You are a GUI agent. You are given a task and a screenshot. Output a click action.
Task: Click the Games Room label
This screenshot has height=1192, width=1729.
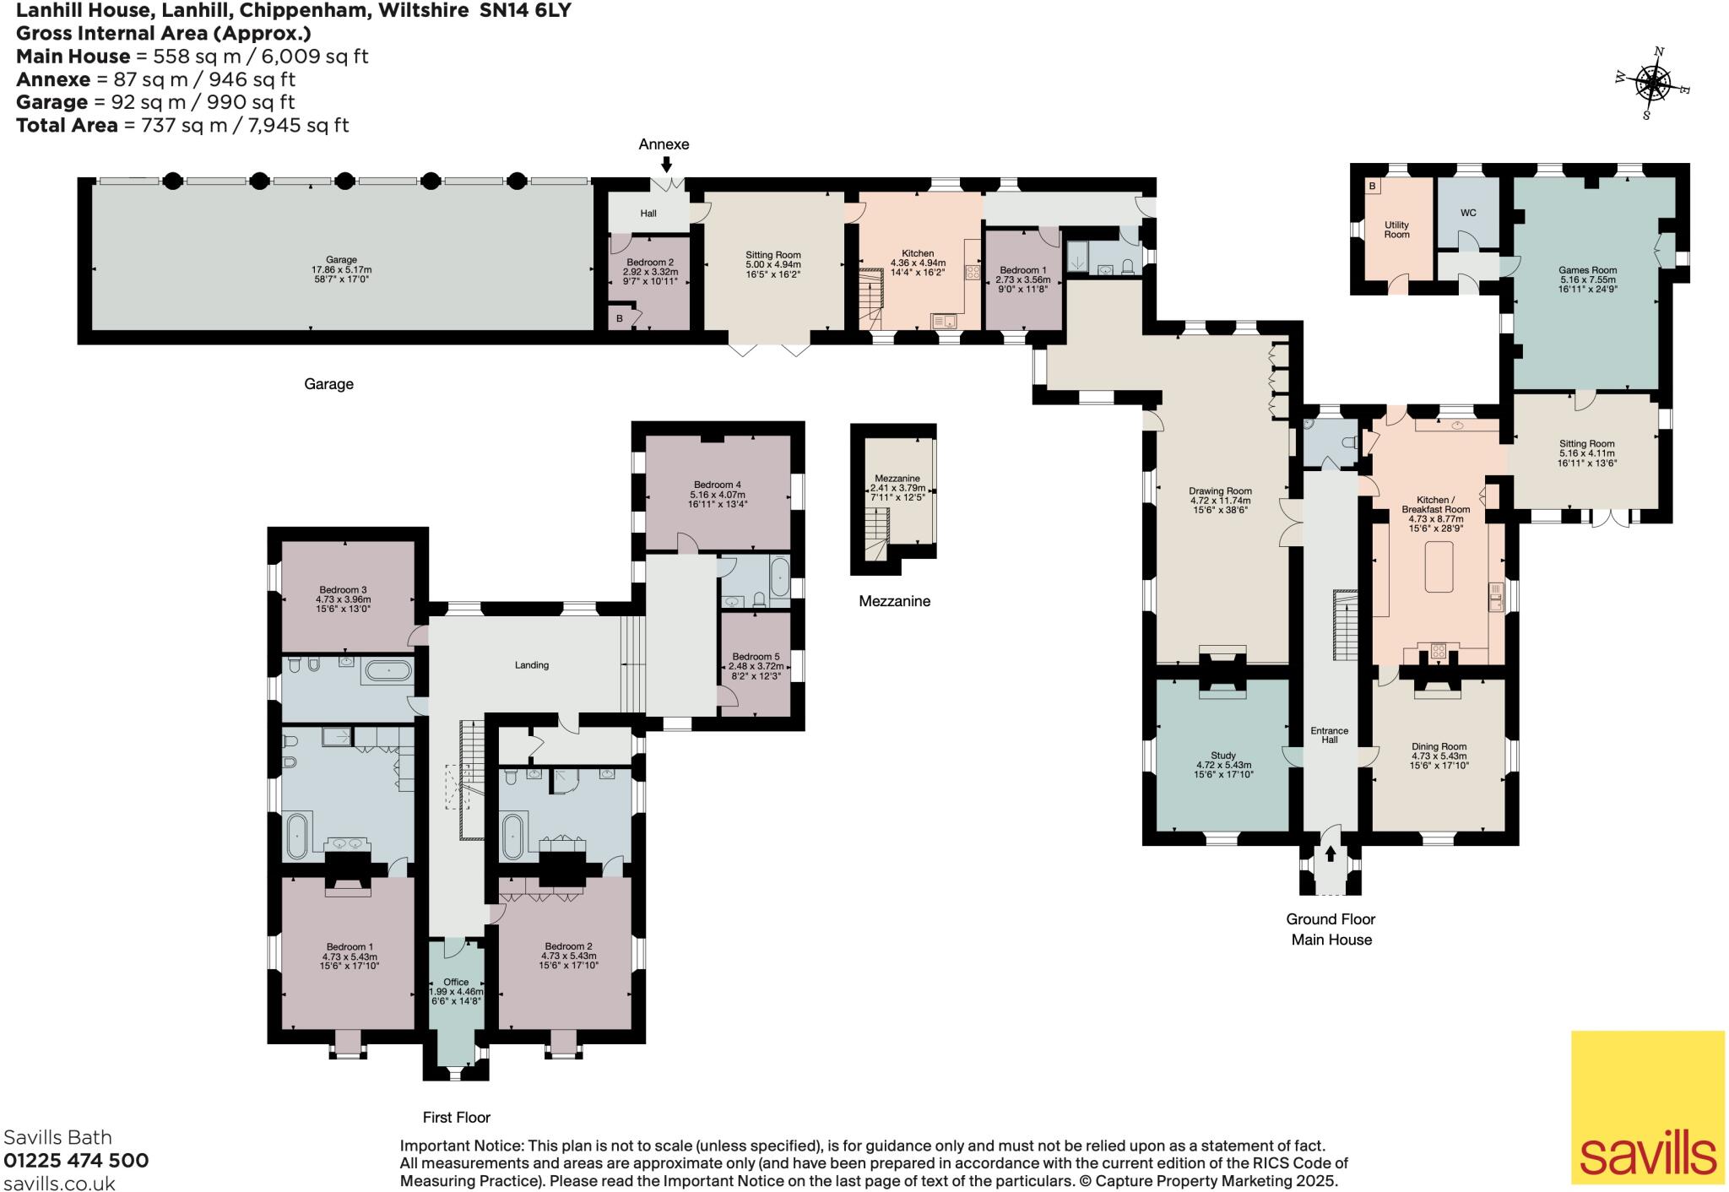tap(1575, 271)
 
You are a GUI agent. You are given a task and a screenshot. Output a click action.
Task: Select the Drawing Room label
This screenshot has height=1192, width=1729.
tap(1220, 490)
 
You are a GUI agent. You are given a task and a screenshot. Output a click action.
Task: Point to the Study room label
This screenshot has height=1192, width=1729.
tap(1222, 756)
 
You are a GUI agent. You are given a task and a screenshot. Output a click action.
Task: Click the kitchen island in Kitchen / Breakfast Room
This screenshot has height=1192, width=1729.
tap(1439, 566)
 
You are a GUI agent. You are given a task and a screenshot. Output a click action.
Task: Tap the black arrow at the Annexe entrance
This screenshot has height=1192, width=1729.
tap(667, 165)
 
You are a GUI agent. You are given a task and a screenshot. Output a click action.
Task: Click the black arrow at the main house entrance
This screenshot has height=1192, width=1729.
tap(1331, 854)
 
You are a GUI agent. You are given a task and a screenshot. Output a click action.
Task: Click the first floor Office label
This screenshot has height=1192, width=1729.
tap(456, 982)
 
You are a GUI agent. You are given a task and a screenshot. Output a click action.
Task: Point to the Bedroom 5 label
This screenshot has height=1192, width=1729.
tap(756, 657)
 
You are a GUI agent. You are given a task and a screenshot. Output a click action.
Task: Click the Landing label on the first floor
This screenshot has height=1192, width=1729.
tap(532, 665)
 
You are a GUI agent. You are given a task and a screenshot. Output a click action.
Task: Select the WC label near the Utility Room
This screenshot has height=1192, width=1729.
tap(1468, 213)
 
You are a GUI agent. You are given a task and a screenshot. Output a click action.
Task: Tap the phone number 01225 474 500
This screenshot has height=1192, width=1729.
tap(76, 1160)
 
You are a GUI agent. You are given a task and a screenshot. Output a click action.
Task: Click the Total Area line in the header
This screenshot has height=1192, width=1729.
tap(182, 125)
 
